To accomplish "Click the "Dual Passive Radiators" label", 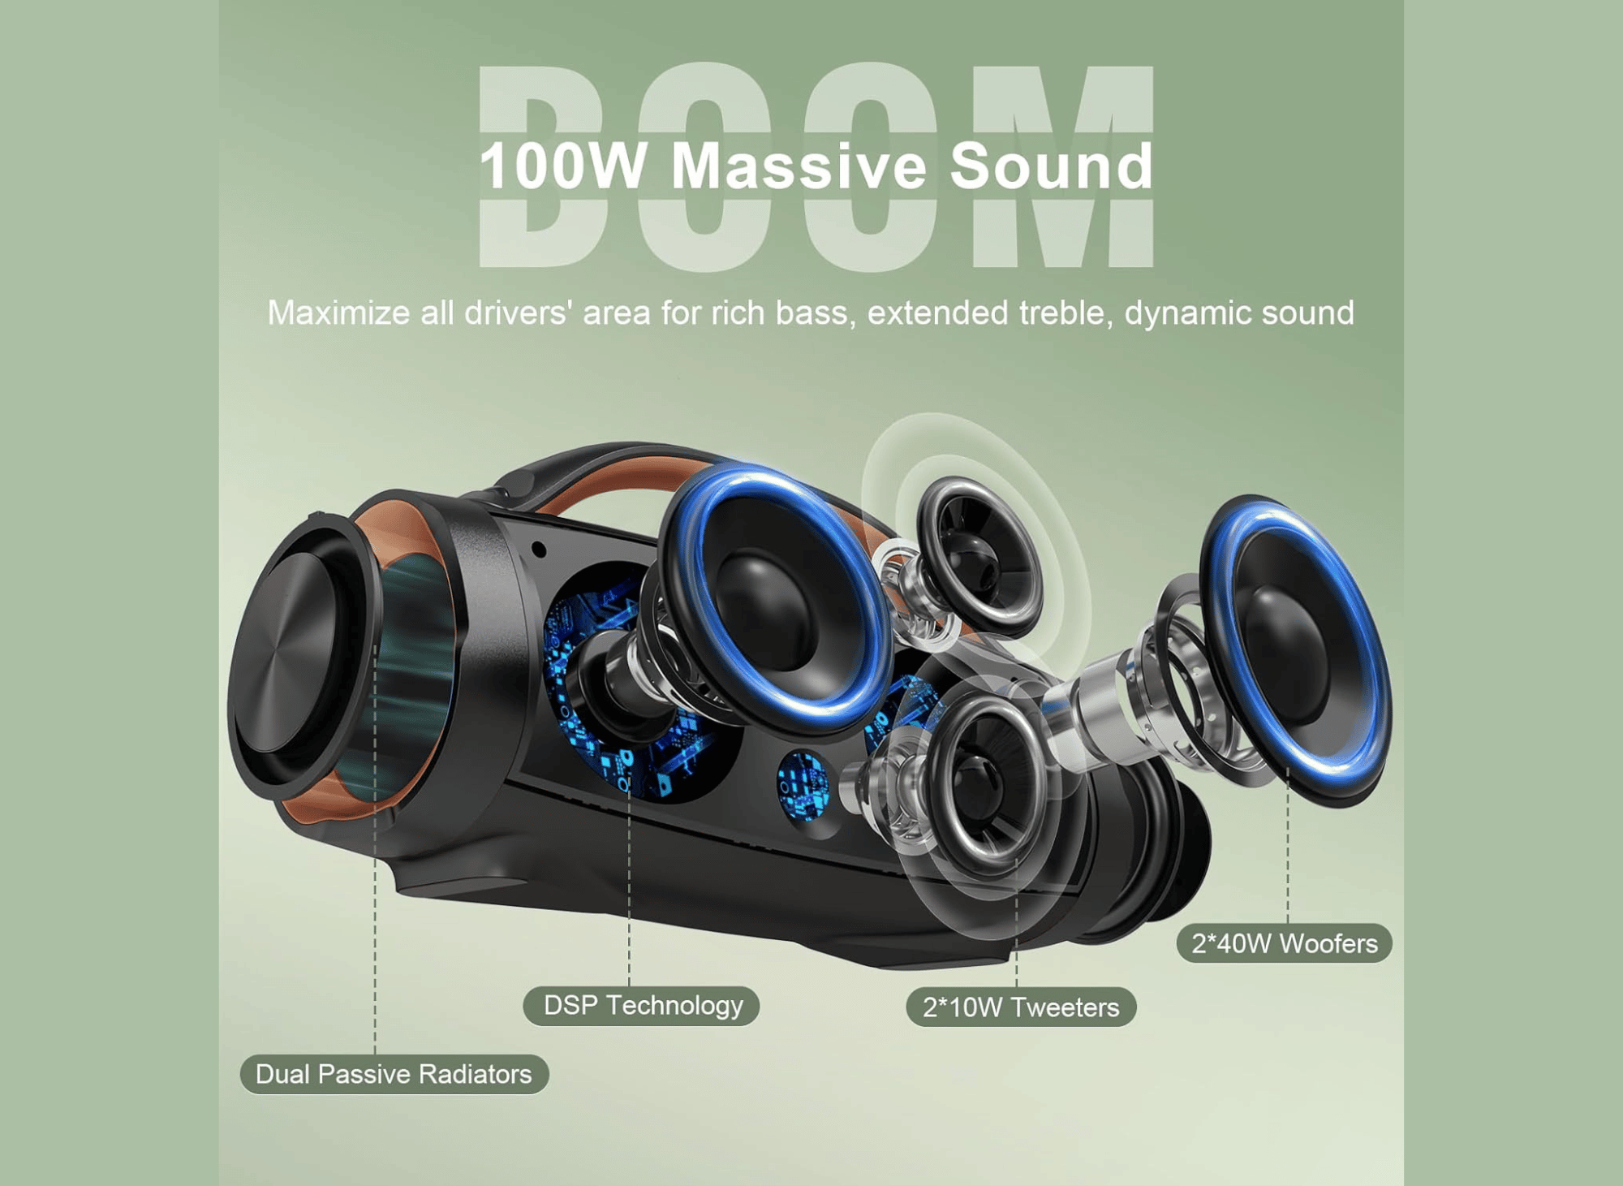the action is click(394, 1074).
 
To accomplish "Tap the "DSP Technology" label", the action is click(642, 1006).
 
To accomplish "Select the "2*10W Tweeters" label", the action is click(1020, 1007).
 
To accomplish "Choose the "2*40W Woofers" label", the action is click(1284, 943).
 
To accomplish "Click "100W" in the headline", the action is click(562, 166).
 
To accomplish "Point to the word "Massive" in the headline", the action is click(799, 166).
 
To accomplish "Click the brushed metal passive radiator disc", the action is click(284, 658).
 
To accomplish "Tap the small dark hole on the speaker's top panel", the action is click(538, 550).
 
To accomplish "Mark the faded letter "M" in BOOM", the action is click(1063, 166).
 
